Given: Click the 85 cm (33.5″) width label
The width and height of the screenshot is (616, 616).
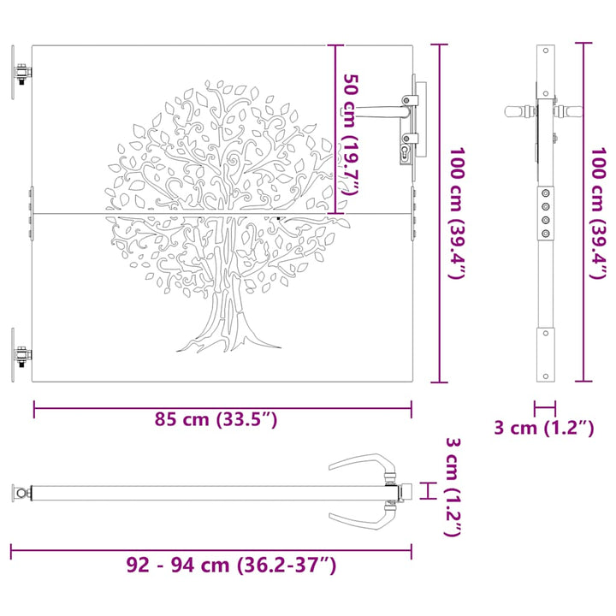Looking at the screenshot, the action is click(216, 419).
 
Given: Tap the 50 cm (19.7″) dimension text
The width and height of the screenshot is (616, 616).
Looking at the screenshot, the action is click(350, 134).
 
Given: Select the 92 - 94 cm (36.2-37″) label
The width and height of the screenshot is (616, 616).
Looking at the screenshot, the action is click(231, 566).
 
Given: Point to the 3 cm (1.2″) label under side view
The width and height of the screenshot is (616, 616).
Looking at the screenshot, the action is click(544, 428).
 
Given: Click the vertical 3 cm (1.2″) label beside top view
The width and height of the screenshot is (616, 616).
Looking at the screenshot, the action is click(453, 487).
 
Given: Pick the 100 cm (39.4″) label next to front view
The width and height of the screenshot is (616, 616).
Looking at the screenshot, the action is click(457, 213).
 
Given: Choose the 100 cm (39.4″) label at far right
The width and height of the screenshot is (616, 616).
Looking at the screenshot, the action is click(599, 213).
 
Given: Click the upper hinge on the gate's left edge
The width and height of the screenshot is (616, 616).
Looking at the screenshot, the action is click(21, 72).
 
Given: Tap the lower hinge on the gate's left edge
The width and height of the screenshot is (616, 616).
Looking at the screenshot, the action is click(21, 356).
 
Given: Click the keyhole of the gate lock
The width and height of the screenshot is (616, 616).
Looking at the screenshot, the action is click(405, 152).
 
